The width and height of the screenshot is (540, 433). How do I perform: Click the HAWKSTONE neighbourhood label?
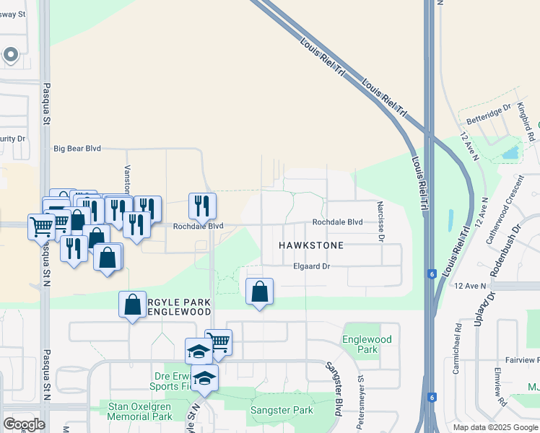[x=311, y=245]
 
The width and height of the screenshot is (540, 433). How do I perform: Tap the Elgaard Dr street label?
[x=312, y=266]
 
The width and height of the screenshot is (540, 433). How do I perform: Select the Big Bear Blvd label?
[x=77, y=149]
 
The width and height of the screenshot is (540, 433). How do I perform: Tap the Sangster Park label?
[x=282, y=410]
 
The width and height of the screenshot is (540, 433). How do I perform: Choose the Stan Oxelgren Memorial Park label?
[x=140, y=411]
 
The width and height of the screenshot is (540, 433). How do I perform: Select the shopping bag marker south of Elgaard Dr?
[x=259, y=292]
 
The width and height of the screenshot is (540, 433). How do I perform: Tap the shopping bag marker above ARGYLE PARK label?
[x=133, y=305]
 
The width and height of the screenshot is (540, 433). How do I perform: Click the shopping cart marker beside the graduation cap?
[x=218, y=342]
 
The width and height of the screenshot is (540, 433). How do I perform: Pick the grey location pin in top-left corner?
[x=10, y=54]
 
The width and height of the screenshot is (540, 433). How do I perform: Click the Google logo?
[x=24, y=424]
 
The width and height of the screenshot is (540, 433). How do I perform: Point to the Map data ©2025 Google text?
[x=495, y=427]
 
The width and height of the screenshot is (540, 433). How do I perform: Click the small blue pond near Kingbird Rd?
[x=510, y=152]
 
